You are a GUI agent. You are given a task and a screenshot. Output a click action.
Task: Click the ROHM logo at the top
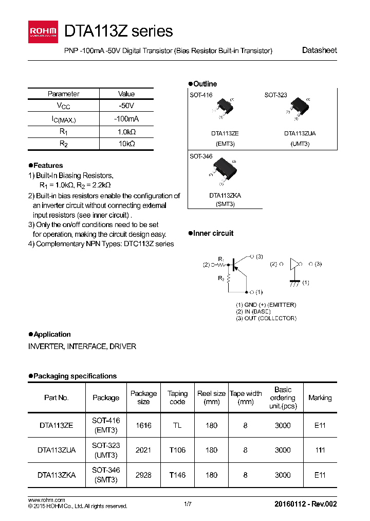[x=45, y=31]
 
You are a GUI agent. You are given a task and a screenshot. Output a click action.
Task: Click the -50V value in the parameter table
[x=126, y=106]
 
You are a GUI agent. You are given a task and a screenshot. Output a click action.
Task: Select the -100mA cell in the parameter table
[x=126, y=119]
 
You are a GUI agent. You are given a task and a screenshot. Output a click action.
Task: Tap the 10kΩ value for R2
[x=126, y=144]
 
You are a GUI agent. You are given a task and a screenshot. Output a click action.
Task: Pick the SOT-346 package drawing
[x=225, y=170]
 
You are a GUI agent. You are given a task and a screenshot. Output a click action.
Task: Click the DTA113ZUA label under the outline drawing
[x=300, y=133]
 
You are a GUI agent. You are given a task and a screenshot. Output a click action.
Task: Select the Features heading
[x=46, y=166]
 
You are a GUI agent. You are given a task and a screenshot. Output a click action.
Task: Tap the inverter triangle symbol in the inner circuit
[x=294, y=264]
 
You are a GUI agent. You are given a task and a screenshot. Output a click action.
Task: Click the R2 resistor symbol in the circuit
[x=229, y=279]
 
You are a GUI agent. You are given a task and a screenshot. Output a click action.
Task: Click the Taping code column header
[x=178, y=397]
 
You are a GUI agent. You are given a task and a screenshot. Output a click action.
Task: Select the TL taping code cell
[x=178, y=426]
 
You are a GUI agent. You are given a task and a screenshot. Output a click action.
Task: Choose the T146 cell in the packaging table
[x=178, y=475]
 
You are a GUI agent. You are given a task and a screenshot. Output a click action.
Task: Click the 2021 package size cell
[x=143, y=450]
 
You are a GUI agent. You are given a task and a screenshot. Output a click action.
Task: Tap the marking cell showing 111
[x=320, y=450]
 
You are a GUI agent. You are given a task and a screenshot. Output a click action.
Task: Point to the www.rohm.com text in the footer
[x=46, y=500]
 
